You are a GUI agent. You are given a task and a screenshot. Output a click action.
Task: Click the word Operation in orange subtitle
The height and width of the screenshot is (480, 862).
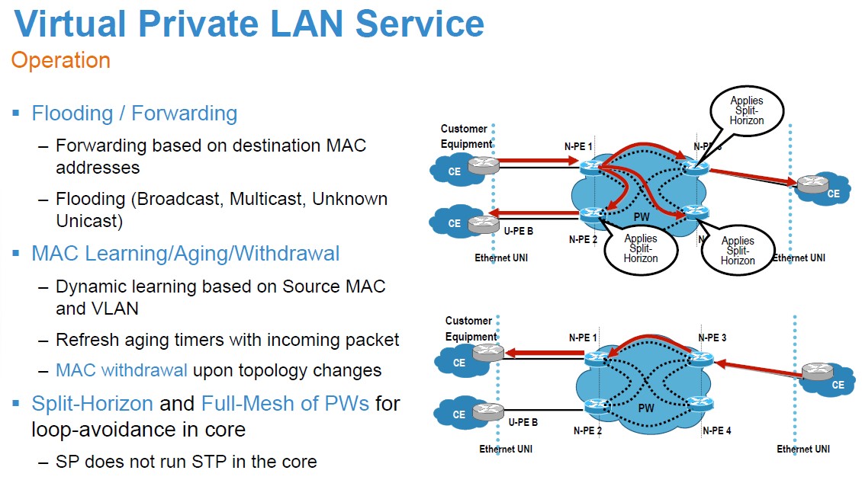[61, 60]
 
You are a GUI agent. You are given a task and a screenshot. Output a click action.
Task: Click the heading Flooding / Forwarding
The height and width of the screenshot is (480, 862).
[134, 114]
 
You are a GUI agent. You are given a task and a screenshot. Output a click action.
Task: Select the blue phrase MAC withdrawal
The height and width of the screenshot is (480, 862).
[121, 370]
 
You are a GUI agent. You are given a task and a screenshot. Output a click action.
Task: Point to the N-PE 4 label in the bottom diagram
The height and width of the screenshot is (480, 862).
[716, 430]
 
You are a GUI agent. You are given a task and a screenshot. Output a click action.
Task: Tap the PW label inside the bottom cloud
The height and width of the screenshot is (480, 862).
[646, 408]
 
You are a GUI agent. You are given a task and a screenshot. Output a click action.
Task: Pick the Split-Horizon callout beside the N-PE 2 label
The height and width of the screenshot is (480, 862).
[640, 248]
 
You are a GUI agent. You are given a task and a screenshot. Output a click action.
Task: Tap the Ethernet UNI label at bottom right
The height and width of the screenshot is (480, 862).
[802, 450]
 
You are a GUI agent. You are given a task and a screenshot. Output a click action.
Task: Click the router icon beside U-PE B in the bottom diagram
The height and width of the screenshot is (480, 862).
[487, 412]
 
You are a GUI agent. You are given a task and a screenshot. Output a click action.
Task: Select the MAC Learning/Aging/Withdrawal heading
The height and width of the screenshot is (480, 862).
[185, 253]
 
